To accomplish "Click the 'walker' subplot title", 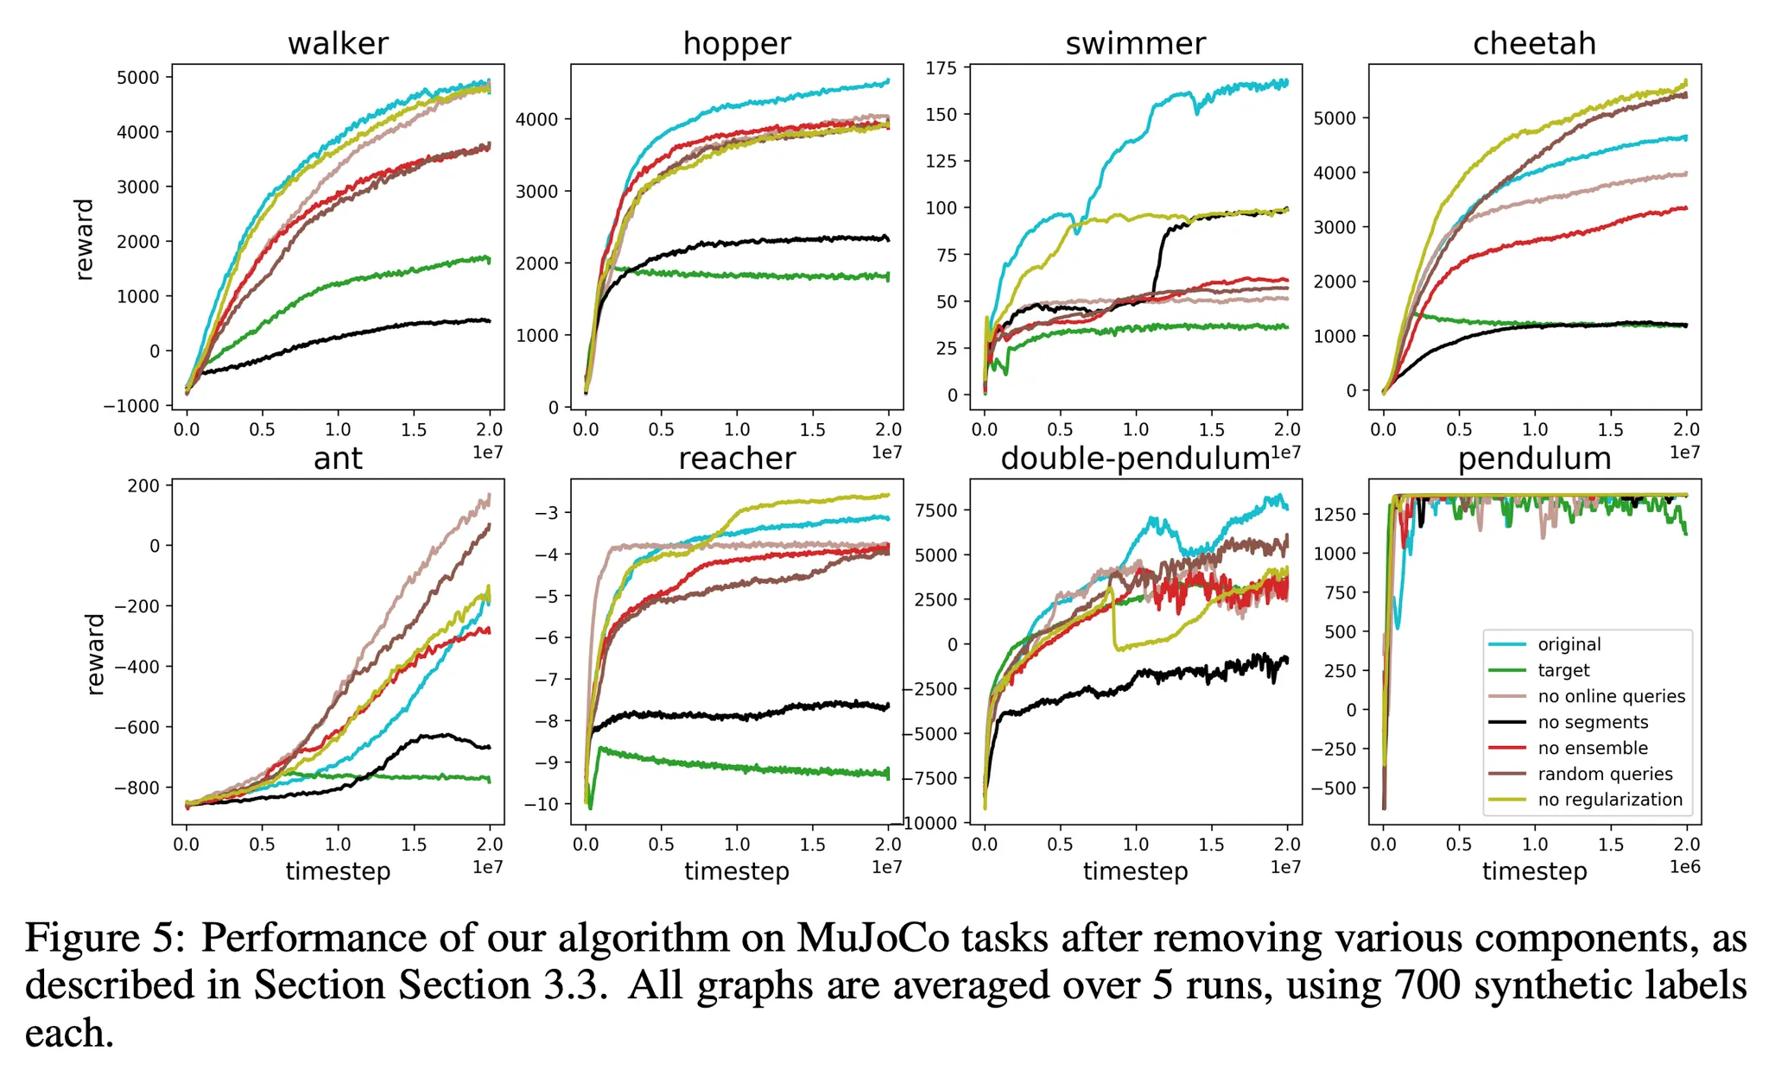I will (x=338, y=43).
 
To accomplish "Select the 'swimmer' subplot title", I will (x=1135, y=43).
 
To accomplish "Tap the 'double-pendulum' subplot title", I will (x=1134, y=459).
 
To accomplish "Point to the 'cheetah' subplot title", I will (x=1534, y=43).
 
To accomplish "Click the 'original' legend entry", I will (x=1569, y=644).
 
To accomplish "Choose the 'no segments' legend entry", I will (x=1593, y=722).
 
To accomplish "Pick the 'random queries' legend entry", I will (x=1605, y=774).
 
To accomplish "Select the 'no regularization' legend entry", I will (x=1610, y=800).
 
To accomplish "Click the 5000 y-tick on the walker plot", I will (x=138, y=78).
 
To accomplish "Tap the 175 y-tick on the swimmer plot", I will (x=942, y=68).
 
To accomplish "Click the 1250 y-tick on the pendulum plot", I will (x=1334, y=514).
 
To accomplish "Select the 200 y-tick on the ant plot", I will (x=143, y=486).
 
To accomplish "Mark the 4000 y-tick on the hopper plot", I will (x=537, y=119).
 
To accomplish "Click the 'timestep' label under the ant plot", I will (x=338, y=871).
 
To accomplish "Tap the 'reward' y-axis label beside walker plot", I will (x=84, y=239).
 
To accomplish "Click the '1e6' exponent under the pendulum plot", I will (x=1684, y=867).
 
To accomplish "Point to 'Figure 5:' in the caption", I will (x=105, y=938).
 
